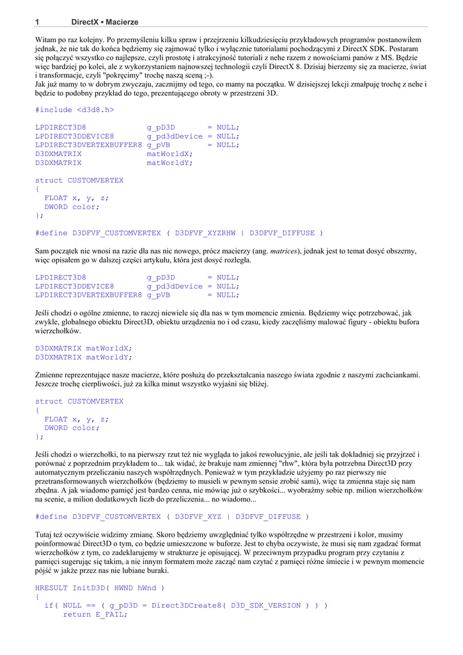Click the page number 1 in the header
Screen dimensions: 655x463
pos(37,22)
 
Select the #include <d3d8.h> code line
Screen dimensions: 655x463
pos(75,109)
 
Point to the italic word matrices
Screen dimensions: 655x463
pos(283,251)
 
